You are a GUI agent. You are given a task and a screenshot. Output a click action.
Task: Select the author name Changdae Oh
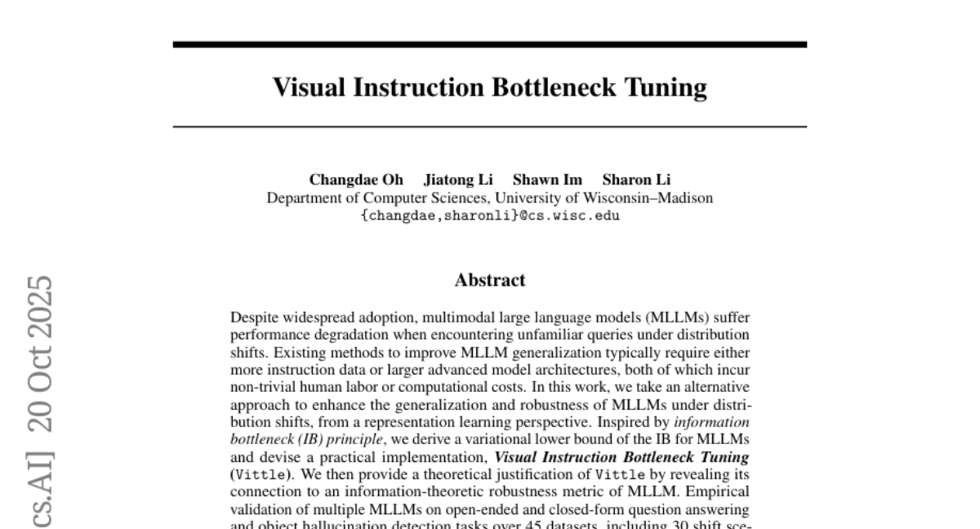(355, 180)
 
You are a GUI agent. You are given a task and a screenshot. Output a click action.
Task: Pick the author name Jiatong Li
(458, 180)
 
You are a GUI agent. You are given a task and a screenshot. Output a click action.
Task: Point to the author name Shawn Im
(547, 180)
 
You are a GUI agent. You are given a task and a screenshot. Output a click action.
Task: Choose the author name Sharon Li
(636, 180)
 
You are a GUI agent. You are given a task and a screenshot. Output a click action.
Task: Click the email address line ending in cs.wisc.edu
(489, 216)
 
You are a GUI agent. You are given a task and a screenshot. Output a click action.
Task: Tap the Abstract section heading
(490, 281)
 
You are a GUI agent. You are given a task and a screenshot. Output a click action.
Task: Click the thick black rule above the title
(490, 44)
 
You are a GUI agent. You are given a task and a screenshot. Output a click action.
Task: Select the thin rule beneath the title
(490, 127)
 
